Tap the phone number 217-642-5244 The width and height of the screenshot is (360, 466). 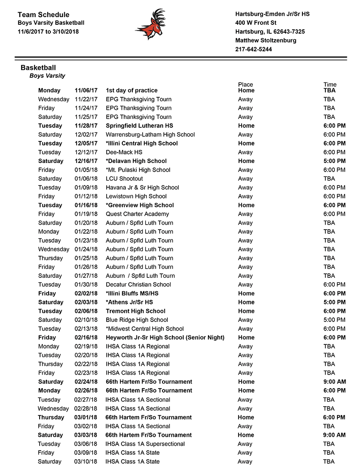pos(253,49)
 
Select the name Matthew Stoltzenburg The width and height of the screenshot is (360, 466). pos(265,41)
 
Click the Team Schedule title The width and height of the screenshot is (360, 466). pos(44,15)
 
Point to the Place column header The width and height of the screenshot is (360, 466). pos(246,85)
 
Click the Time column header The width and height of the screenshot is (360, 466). pos(330,85)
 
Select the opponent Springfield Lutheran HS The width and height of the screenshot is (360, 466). pos(139,126)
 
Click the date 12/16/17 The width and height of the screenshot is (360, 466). pos(86,161)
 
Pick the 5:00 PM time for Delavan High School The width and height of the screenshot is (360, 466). pos(334,161)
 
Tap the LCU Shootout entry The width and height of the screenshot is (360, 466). pos(124,179)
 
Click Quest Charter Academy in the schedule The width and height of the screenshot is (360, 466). pos(137,214)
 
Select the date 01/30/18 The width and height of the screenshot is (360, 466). pos(86,285)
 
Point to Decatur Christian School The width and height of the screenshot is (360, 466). pos(138,285)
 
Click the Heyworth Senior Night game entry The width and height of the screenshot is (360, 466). pos(165,337)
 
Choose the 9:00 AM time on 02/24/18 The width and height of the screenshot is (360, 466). pos(334,382)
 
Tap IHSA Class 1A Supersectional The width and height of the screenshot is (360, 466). pos(145,444)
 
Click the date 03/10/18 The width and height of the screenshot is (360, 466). pos(85,461)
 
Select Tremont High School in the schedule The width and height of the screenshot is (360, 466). pos(135,311)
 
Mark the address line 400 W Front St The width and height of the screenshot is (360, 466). pos(256,23)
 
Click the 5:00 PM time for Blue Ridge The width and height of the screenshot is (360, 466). pos(334,320)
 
